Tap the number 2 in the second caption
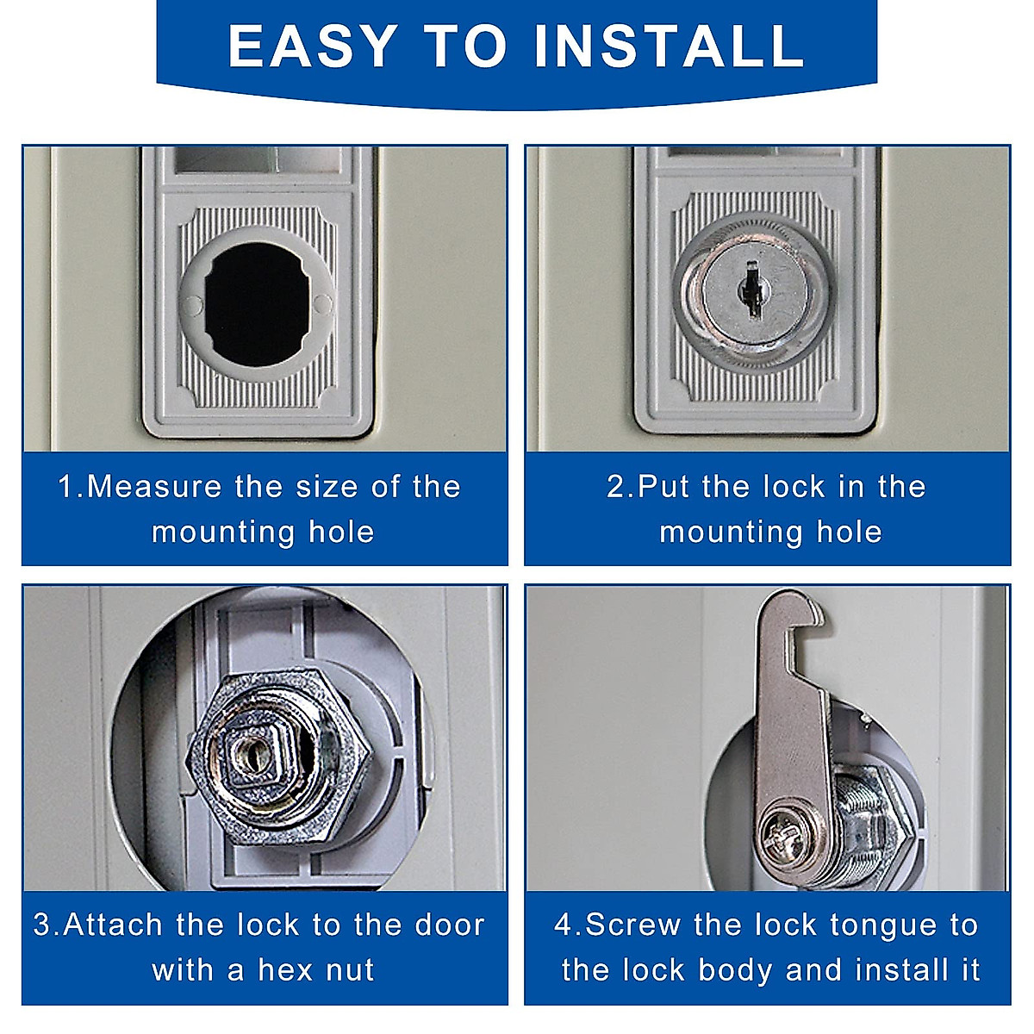point(617,487)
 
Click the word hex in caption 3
point(287,970)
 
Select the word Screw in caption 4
point(633,925)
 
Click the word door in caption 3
point(450,925)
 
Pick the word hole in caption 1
point(341,532)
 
